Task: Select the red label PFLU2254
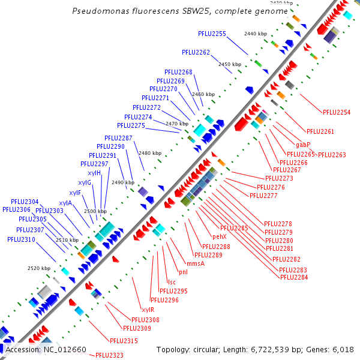337,112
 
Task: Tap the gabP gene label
303,145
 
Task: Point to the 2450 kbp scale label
229,64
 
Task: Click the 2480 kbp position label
149,153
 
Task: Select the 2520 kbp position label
39,268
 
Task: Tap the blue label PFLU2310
21,239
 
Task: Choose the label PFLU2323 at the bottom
109,356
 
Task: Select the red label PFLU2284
293,277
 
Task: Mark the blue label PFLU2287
118,138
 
